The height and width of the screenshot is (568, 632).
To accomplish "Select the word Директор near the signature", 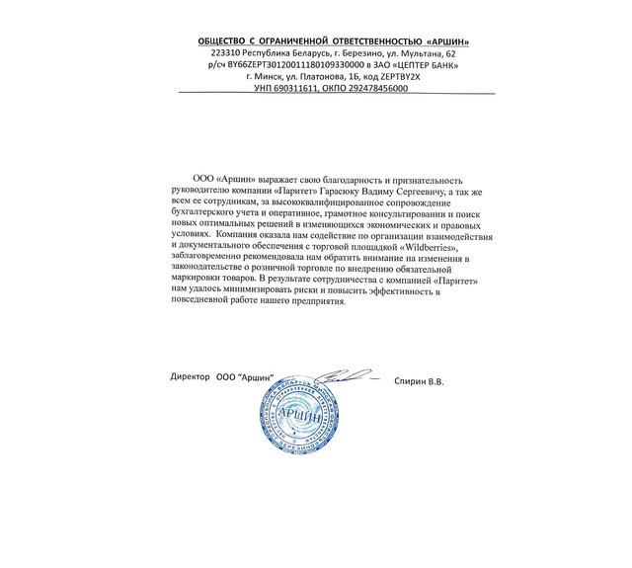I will pyautogui.click(x=191, y=379).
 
